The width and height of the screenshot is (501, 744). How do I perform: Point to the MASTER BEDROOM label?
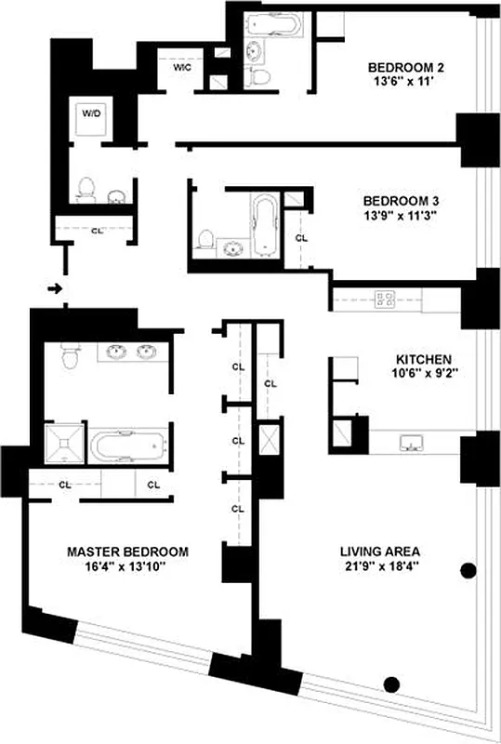pos(127,551)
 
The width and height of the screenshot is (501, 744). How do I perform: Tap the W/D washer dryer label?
pos(90,114)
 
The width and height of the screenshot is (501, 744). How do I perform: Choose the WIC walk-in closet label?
pos(181,68)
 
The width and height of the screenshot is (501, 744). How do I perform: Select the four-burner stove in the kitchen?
pos(385,299)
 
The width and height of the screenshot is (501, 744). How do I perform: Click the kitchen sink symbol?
pos(408,442)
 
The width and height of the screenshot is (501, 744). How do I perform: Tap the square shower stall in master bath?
pos(64,445)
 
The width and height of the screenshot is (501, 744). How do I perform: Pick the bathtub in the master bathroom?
pos(127,445)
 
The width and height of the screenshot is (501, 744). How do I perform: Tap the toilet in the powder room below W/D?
pos(86,189)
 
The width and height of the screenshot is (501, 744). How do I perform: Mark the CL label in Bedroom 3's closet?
pos(300,238)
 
